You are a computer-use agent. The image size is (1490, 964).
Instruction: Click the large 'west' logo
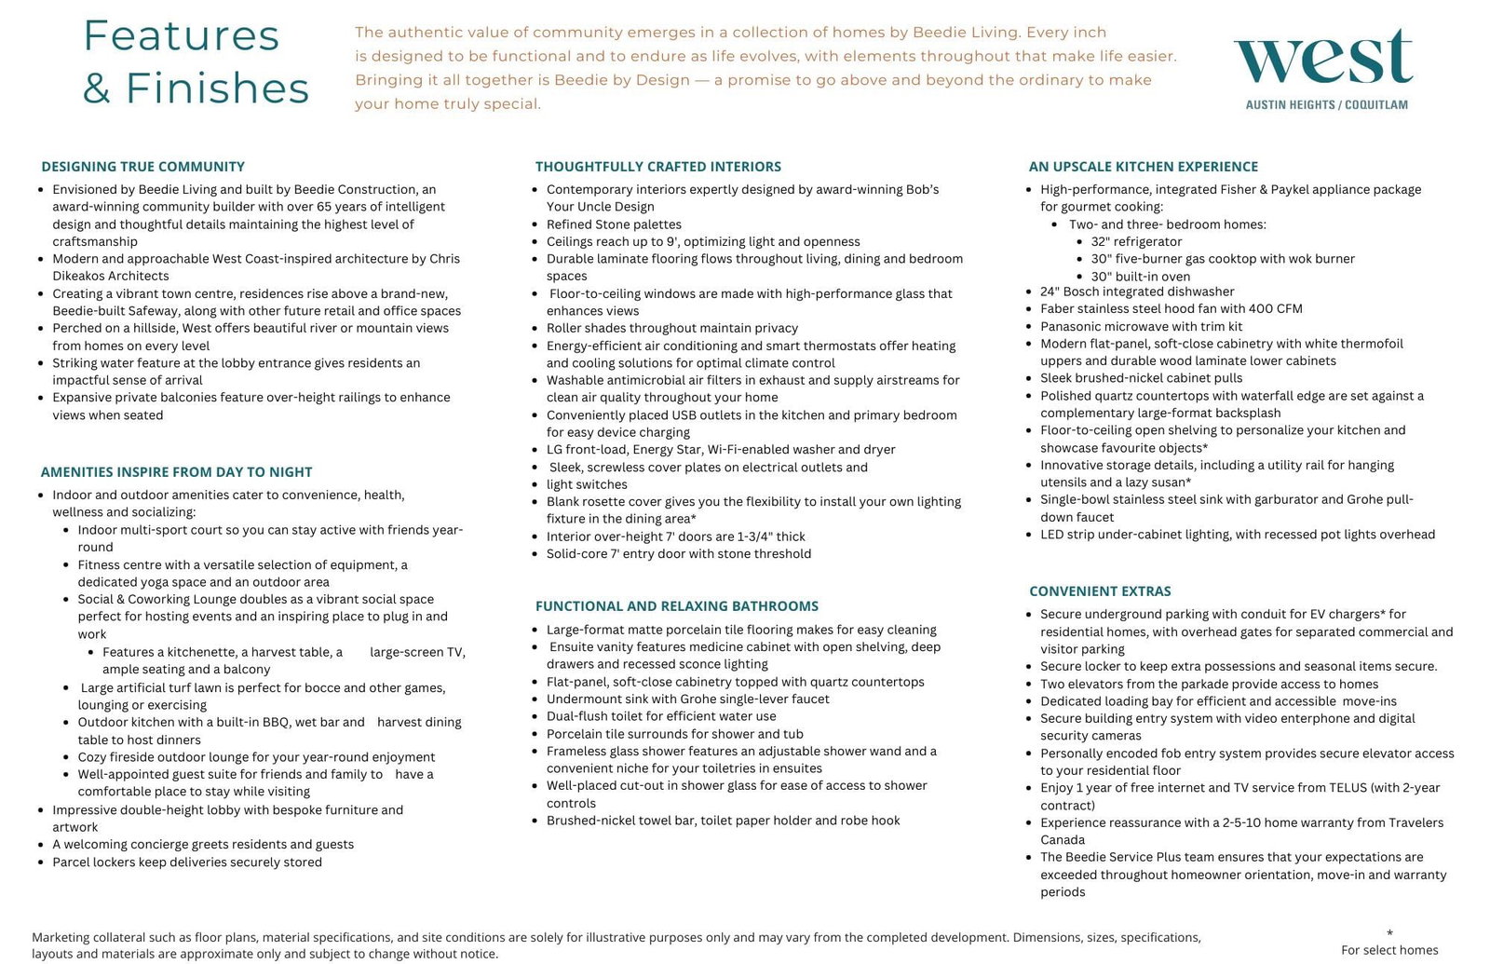[x=1323, y=58]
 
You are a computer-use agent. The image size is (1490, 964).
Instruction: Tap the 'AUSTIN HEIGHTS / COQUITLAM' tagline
[x=1326, y=105]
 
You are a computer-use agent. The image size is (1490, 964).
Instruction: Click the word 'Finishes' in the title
[x=217, y=88]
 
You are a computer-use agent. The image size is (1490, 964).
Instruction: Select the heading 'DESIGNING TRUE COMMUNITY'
[x=142, y=167]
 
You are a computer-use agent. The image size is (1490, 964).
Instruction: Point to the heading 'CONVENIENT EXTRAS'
[x=1100, y=591]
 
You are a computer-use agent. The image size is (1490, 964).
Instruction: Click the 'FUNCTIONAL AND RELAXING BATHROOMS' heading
[x=677, y=606]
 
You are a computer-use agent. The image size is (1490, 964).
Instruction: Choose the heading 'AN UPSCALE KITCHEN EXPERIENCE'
[x=1143, y=167]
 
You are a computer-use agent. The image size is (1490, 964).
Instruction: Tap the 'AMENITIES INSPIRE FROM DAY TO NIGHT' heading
[x=176, y=472]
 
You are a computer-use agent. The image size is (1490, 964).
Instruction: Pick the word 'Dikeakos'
[x=83, y=276]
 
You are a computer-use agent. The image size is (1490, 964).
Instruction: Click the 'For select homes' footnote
[x=1389, y=950]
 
